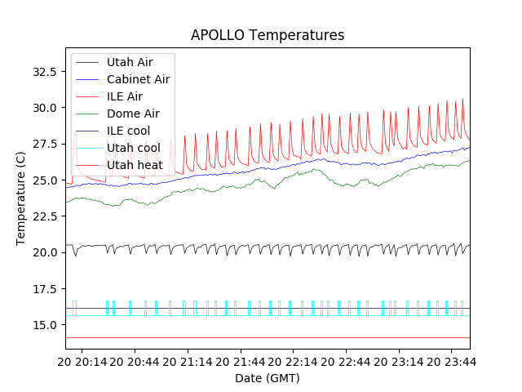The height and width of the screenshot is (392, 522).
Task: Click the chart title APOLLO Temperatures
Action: pyautogui.click(x=268, y=35)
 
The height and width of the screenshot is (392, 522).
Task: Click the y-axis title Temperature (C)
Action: pyautogui.click(x=21, y=198)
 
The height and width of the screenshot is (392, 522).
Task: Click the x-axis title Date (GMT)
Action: pyautogui.click(x=268, y=378)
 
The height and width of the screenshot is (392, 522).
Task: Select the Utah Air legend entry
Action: pyautogui.click(x=130, y=61)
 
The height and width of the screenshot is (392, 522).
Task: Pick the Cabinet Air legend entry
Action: pyautogui.click(x=138, y=79)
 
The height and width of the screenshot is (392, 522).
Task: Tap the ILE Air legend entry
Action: pyautogui.click(x=125, y=96)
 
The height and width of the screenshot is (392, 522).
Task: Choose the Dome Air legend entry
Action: pyautogui.click(x=133, y=114)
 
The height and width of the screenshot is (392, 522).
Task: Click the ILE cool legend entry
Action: pyautogui.click(x=128, y=131)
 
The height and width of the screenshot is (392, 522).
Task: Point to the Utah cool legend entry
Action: pyautogui.click(x=132, y=148)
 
